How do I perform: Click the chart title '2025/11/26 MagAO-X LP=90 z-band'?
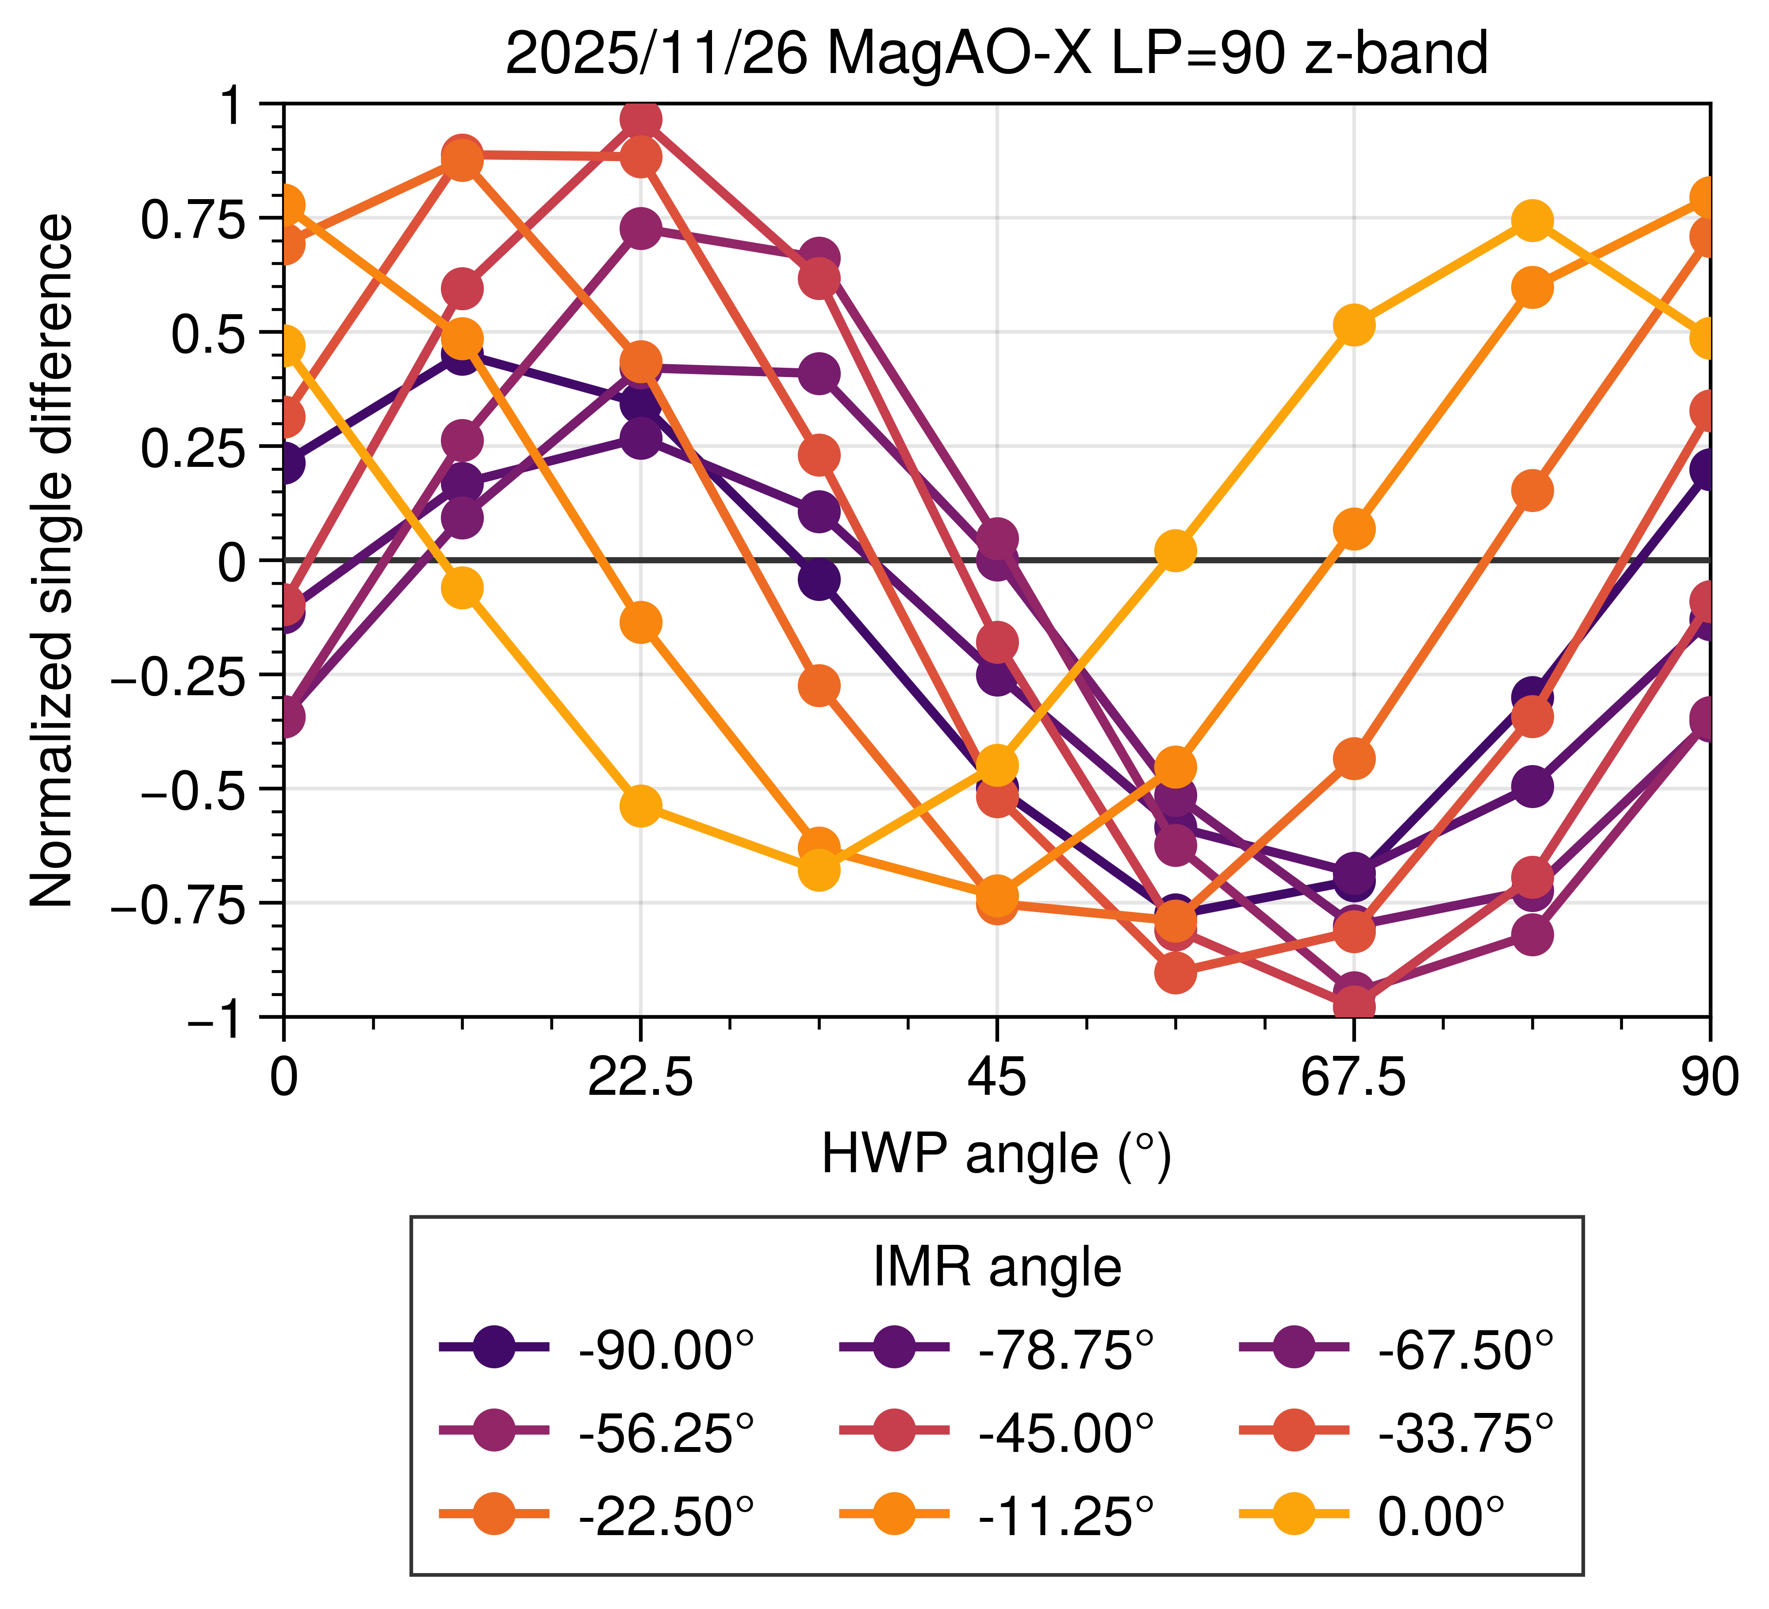pyautogui.click(x=996, y=54)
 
